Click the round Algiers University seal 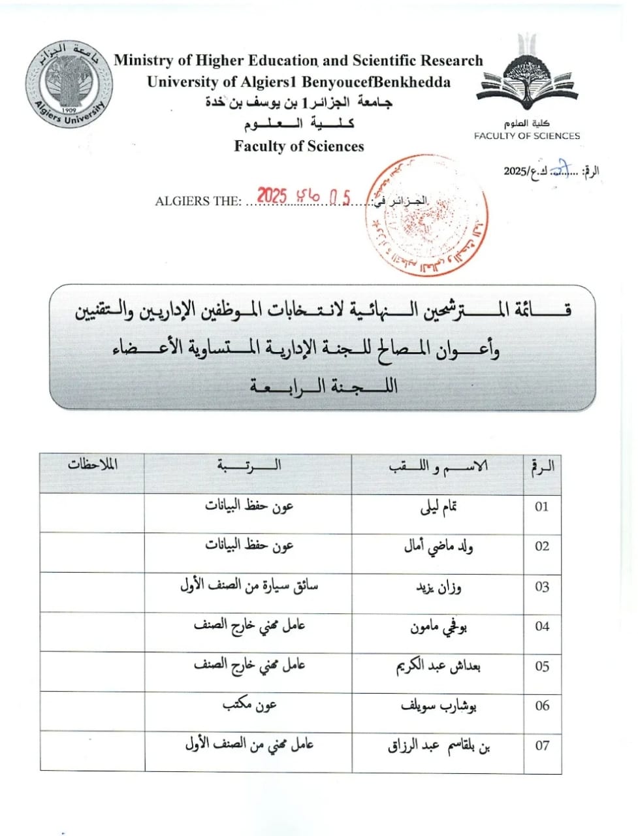point(69,84)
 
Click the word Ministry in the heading point(143,61)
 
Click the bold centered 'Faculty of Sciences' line point(299,146)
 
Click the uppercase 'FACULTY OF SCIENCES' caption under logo point(526,136)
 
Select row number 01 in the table point(542,507)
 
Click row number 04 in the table point(542,626)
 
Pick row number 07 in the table point(542,745)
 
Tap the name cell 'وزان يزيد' point(439,587)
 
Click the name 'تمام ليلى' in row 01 point(438,507)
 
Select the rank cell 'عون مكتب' point(250,705)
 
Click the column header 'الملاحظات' point(92,465)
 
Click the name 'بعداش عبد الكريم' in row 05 point(439,666)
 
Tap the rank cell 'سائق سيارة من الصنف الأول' point(249,586)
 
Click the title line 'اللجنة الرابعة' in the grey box point(323,386)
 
